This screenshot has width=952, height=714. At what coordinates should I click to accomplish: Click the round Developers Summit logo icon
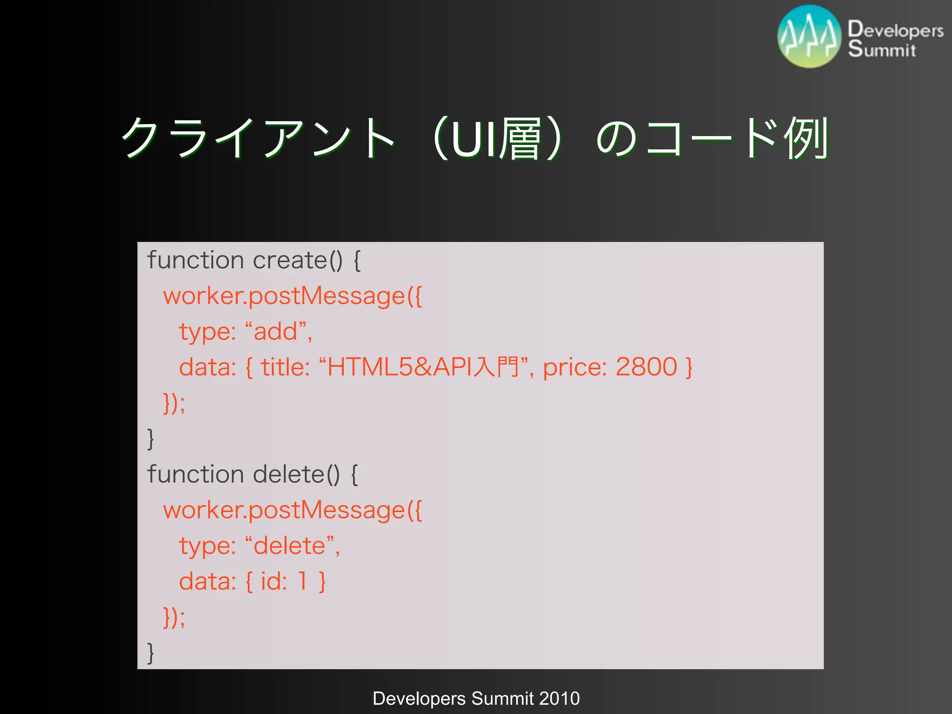coord(809,37)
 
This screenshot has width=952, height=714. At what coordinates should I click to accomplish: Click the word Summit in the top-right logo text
coord(882,49)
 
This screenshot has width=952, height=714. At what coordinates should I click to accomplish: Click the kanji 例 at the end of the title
coord(806,138)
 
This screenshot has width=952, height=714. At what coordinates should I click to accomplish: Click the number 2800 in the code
coord(646,367)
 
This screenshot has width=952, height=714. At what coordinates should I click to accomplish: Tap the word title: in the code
coord(285,367)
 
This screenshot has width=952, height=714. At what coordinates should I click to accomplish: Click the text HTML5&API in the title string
coord(399,367)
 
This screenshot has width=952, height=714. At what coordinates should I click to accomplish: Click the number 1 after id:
coord(303,581)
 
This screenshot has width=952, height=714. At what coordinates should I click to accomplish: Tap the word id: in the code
coord(274,581)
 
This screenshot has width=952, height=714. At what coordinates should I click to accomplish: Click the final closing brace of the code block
coord(150,653)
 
